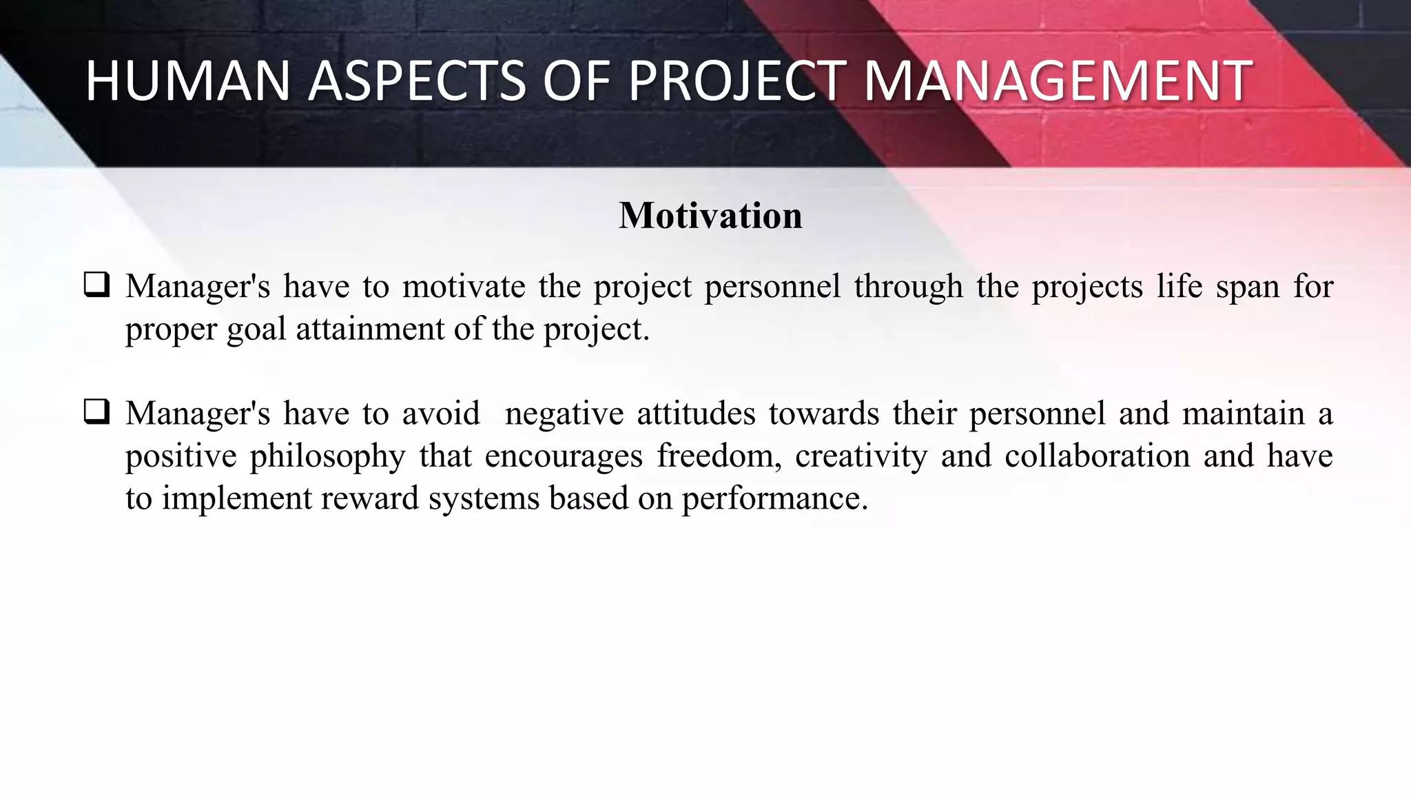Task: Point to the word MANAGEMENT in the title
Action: [x=1057, y=81]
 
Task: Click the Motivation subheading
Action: [x=710, y=215]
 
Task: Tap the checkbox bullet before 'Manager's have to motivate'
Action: [x=96, y=285]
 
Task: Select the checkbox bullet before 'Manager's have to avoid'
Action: [x=96, y=412]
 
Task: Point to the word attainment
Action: [x=370, y=329]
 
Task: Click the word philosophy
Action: [x=327, y=457]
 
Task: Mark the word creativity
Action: [x=861, y=457]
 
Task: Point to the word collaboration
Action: [x=1098, y=456]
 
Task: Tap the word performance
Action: [x=774, y=499]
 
